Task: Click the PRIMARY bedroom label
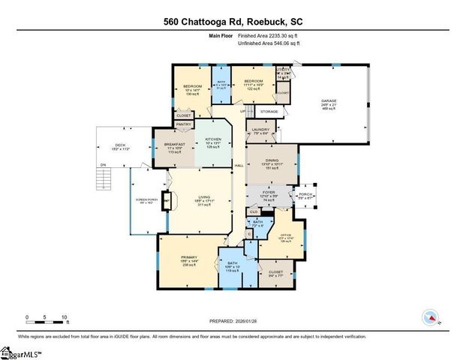[188, 257]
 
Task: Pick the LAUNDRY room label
[260, 130]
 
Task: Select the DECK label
[119, 145]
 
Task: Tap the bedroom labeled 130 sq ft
[192, 87]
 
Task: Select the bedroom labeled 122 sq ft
[253, 81]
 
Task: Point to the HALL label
[239, 164]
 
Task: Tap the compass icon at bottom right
[431, 317]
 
